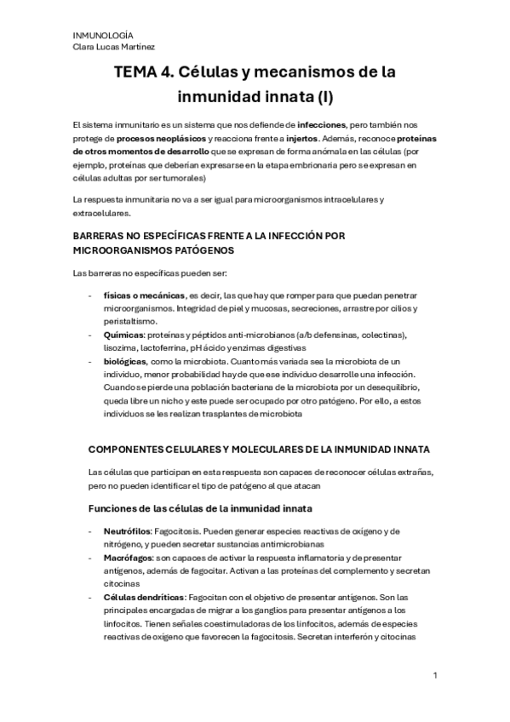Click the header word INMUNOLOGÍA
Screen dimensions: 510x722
pyautogui.click(x=97, y=34)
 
